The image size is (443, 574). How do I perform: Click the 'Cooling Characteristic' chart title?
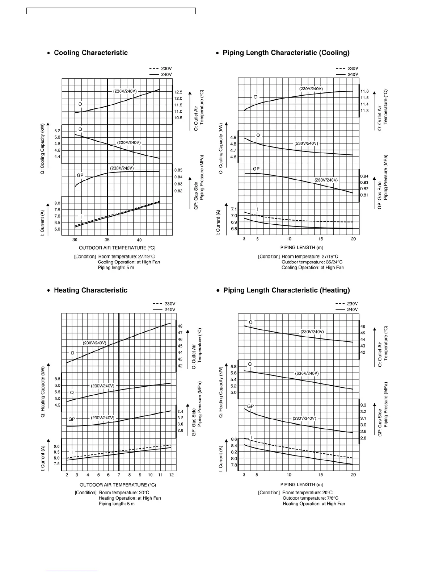pyautogui.click(x=90, y=53)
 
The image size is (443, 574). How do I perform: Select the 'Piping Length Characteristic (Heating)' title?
pyautogui.click(x=286, y=290)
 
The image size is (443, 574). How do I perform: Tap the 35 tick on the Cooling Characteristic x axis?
pyautogui.click(x=107, y=240)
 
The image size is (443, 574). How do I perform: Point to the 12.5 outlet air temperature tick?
pyautogui.click(x=178, y=92)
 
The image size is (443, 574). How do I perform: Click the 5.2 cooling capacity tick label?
pyautogui.click(x=57, y=131)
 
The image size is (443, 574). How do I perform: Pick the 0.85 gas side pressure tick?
pyautogui.click(x=178, y=170)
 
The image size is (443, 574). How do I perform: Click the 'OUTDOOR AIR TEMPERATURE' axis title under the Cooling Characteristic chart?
pyautogui.click(x=117, y=248)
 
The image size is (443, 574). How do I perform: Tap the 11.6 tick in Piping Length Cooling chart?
pyautogui.click(x=364, y=91)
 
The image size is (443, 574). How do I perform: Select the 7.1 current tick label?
pyautogui.click(x=233, y=209)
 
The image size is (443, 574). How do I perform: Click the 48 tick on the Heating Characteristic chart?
pyautogui.click(x=180, y=326)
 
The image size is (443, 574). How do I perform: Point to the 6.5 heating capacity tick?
pyautogui.click(x=57, y=379)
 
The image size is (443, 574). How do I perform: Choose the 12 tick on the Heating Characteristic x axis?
pyautogui.click(x=172, y=475)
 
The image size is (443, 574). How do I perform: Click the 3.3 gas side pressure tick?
pyautogui.click(x=363, y=405)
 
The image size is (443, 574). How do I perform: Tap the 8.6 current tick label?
pyautogui.click(x=234, y=439)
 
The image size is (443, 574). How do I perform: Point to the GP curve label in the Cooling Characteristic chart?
pyautogui.click(x=80, y=175)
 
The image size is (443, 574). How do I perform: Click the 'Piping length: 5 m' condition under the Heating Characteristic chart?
pyautogui.click(x=117, y=504)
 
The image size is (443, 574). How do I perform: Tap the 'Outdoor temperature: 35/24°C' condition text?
pyautogui.click(x=312, y=262)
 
